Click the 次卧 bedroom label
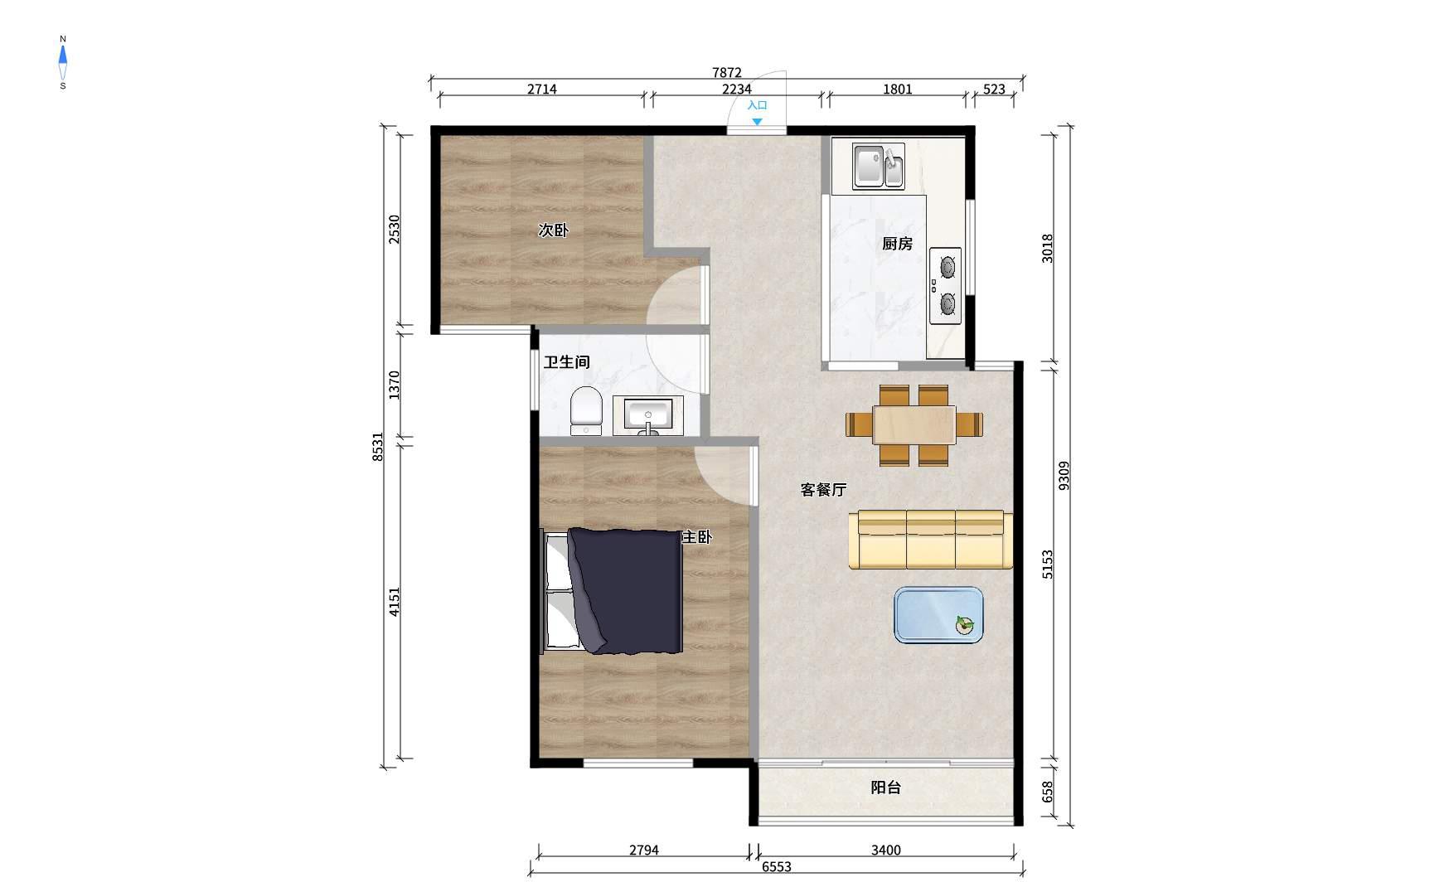coord(553,230)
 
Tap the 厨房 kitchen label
coord(897,244)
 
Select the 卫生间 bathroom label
coord(567,362)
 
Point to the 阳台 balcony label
coord(885,787)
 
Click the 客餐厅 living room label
coord(823,490)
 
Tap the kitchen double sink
coord(879,166)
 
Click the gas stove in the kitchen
coord(945,286)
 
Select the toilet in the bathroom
coord(586,410)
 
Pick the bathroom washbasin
coord(648,415)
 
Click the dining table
coord(914,424)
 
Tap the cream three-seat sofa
coord(931,540)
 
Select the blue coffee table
coord(939,615)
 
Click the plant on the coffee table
coord(964,625)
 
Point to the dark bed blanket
coord(627,591)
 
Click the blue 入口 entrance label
coord(757,105)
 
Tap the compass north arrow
coord(63,56)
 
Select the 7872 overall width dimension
coord(726,73)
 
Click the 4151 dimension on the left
coord(395,601)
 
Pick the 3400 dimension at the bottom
coord(885,850)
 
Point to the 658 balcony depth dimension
coord(1048,792)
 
